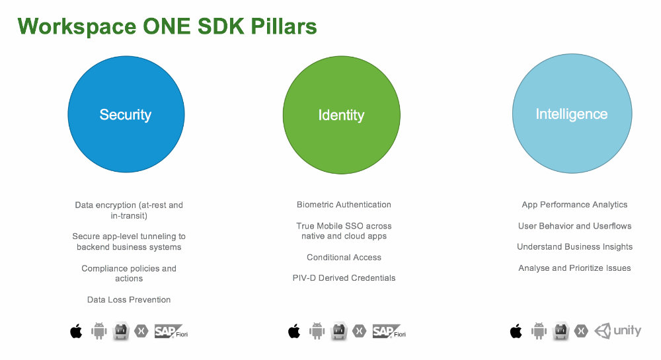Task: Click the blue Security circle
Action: click(126, 114)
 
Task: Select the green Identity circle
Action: click(342, 115)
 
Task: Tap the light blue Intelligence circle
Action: click(572, 114)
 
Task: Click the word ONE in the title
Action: click(167, 26)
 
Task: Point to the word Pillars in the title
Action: click(284, 26)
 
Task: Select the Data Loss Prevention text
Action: click(129, 300)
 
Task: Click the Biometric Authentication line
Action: click(344, 205)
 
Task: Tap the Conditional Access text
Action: click(344, 257)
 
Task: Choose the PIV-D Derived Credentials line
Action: click(344, 278)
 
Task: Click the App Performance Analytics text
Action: click(574, 205)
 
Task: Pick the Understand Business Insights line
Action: click(574, 247)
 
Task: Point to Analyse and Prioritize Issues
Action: click(574, 268)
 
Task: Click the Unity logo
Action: click(617, 331)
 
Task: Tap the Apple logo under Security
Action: click(76, 332)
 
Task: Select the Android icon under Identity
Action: click(317, 331)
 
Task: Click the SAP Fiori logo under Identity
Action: click(389, 332)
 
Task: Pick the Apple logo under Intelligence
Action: click(516, 332)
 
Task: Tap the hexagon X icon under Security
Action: click(141, 332)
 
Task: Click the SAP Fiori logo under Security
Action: click(171, 332)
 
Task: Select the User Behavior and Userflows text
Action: click(574, 226)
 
